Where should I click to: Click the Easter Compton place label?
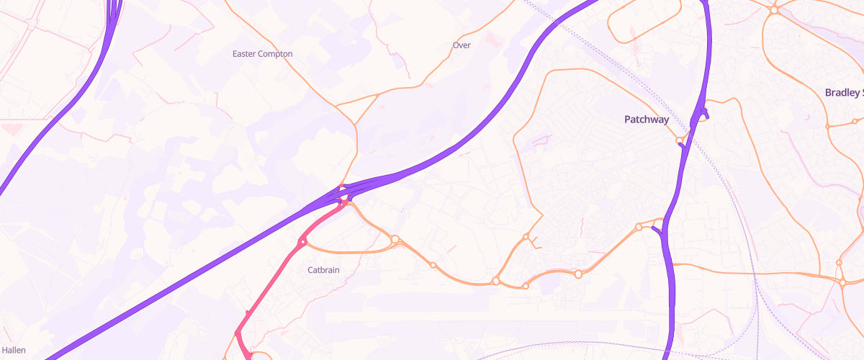click(263, 54)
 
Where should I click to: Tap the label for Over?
click(462, 45)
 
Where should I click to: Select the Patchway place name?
click(646, 120)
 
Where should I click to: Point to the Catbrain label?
click(323, 271)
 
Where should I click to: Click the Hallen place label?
click(14, 350)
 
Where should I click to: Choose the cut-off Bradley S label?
click(843, 92)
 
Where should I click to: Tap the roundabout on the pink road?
click(303, 243)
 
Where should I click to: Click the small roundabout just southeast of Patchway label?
click(679, 140)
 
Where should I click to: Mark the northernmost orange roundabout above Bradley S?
click(774, 10)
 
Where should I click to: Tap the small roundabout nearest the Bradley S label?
click(828, 126)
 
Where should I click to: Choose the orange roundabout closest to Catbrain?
click(395, 239)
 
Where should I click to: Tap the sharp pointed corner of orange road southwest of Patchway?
click(542, 213)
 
